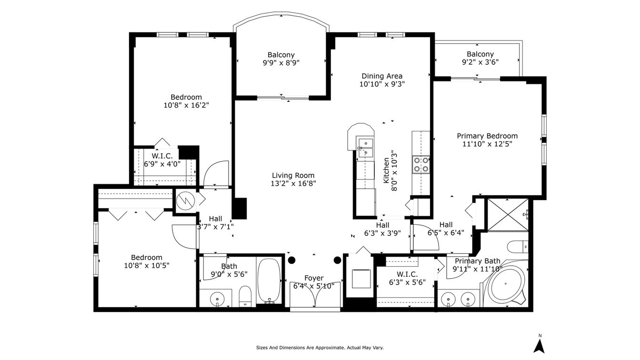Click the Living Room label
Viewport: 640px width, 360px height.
click(293, 175)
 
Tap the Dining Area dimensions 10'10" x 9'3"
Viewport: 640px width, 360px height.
click(382, 84)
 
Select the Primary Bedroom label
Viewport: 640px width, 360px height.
click(487, 136)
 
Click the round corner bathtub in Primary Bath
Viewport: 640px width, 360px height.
click(506, 284)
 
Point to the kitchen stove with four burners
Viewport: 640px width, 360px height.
click(421, 165)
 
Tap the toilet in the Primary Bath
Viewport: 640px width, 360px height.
click(518, 247)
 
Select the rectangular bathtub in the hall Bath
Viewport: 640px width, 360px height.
click(269, 281)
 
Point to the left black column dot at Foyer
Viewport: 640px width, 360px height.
click(291, 260)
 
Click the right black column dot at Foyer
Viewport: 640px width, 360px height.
click(338, 260)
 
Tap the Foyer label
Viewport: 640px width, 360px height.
click(314, 278)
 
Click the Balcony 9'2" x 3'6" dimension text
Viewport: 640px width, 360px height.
click(480, 62)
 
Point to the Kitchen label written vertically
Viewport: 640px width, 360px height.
click(386, 170)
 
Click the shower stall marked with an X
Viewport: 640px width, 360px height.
click(508, 215)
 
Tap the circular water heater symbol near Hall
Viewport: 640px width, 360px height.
click(185, 201)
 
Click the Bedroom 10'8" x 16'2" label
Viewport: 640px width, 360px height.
click(186, 101)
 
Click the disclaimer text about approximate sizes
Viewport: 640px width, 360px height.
click(320, 348)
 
